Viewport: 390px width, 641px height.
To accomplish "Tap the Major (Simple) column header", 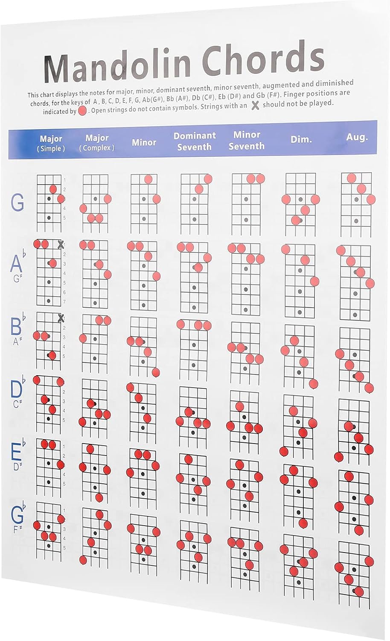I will [x=51, y=143].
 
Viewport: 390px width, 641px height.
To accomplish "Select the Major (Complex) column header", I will [x=97, y=142].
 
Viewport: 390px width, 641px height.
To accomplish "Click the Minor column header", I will [x=144, y=142].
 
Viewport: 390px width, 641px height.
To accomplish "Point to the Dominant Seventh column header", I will [x=194, y=141].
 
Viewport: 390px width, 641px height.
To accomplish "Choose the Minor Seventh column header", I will [x=247, y=140].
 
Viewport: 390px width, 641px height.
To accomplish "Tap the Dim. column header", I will [x=301, y=139].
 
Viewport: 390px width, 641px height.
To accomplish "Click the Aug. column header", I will [x=357, y=137].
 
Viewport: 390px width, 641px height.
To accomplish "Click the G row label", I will [x=17, y=203].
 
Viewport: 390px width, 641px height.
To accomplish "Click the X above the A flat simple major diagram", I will [x=61, y=244].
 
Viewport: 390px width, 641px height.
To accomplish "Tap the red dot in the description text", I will [x=82, y=111].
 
